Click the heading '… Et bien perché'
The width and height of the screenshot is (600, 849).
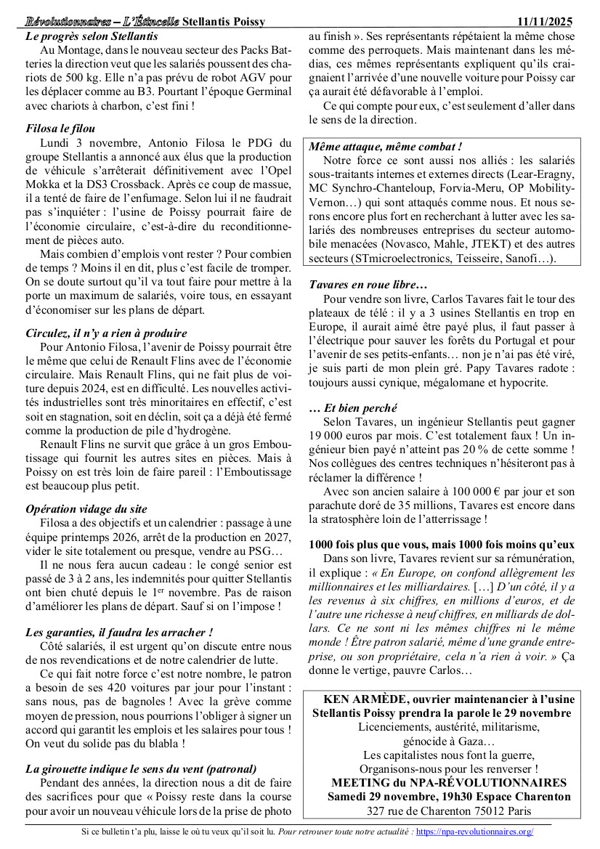tap(352, 408)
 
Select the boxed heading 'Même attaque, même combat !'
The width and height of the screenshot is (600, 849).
tap(386, 146)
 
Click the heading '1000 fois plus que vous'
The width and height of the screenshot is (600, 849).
tap(442, 544)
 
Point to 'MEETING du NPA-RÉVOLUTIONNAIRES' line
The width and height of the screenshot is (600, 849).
tap(448, 782)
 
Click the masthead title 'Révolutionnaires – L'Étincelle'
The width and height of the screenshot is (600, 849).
tap(102, 20)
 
